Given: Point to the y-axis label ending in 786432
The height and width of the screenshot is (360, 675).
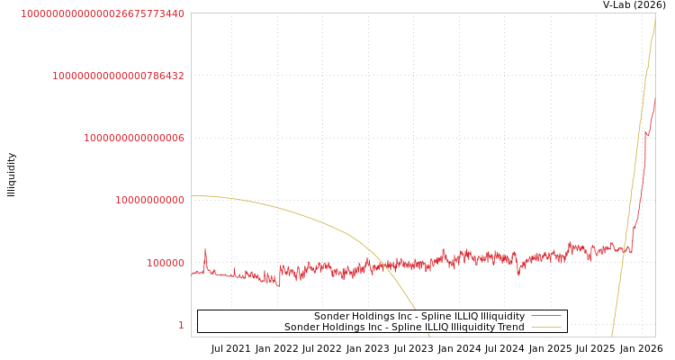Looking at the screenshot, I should click(x=118, y=76).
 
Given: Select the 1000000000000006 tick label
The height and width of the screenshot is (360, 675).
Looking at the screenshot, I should click(x=134, y=138).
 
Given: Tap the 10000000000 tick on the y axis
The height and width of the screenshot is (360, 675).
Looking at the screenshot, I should click(x=149, y=200).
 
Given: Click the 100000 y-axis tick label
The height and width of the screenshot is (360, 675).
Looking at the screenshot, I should click(x=166, y=263).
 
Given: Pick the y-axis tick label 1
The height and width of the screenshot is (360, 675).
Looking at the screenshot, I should click(x=181, y=325).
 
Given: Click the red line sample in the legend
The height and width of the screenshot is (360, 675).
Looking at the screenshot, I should click(x=546, y=316).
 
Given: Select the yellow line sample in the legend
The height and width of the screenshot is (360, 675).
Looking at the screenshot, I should click(x=546, y=327).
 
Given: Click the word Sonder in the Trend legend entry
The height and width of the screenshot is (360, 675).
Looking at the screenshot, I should click(x=302, y=327).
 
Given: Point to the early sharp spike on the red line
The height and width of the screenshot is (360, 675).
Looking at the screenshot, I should click(x=205, y=249).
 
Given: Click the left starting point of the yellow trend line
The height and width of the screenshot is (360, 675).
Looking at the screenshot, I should click(x=192, y=195).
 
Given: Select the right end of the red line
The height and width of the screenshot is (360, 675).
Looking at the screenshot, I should click(x=654, y=102).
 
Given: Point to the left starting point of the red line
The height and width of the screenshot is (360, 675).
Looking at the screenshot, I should click(x=192, y=273).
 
